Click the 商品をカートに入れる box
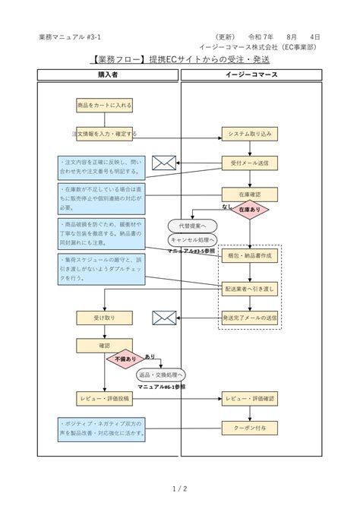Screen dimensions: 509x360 (104, 105)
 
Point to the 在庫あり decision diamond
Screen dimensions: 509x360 (250, 210)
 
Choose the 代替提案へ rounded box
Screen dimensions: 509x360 (192, 226)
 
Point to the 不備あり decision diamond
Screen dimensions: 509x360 (125, 359)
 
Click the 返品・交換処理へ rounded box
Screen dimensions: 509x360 (161, 375)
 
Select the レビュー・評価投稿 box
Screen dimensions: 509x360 (104, 398)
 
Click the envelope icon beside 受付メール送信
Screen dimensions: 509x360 (163, 163)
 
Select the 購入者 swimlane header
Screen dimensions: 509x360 (108, 74)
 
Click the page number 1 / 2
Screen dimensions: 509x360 (179, 488)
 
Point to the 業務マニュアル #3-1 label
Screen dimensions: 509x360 (68, 36)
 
